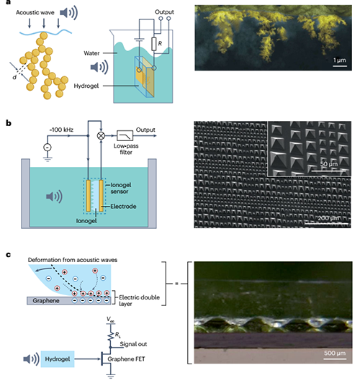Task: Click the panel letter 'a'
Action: [9, 2]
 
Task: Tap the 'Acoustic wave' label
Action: [35, 12]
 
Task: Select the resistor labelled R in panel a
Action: [153, 44]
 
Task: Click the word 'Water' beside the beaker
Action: [91, 53]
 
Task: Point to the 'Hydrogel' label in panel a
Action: [86, 86]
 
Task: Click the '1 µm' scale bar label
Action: [340, 60]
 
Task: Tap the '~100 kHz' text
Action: [61, 130]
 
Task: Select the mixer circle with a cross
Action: [101, 135]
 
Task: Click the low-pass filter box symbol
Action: [125, 136]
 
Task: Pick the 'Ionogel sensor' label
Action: [121, 188]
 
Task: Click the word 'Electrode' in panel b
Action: [123, 207]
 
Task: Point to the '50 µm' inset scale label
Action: [329, 164]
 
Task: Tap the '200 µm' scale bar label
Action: [328, 218]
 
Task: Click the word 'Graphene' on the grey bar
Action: [46, 301]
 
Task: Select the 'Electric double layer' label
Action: [139, 300]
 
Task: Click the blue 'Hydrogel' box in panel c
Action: [58, 359]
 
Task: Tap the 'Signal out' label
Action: [133, 344]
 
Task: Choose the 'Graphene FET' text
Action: [126, 359]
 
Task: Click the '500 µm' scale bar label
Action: [335, 353]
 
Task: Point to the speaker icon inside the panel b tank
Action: [54, 197]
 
